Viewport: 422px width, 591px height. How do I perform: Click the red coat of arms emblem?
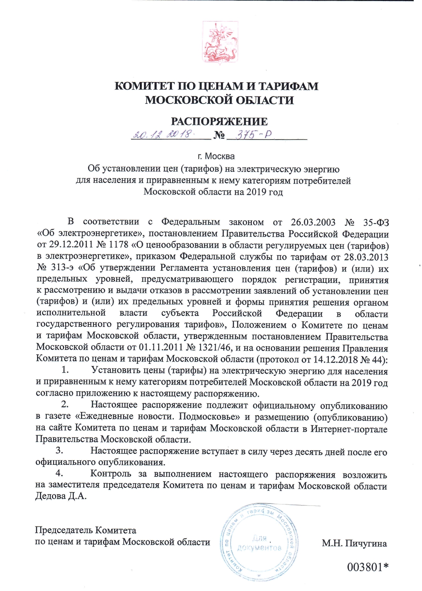tap(219, 44)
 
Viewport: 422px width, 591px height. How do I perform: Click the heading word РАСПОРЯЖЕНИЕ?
tap(219, 121)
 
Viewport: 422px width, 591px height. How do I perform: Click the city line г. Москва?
tap(216, 157)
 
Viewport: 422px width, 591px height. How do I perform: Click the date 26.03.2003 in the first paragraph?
tap(313, 222)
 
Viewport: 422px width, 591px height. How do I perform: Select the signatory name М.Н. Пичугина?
tap(354, 543)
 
